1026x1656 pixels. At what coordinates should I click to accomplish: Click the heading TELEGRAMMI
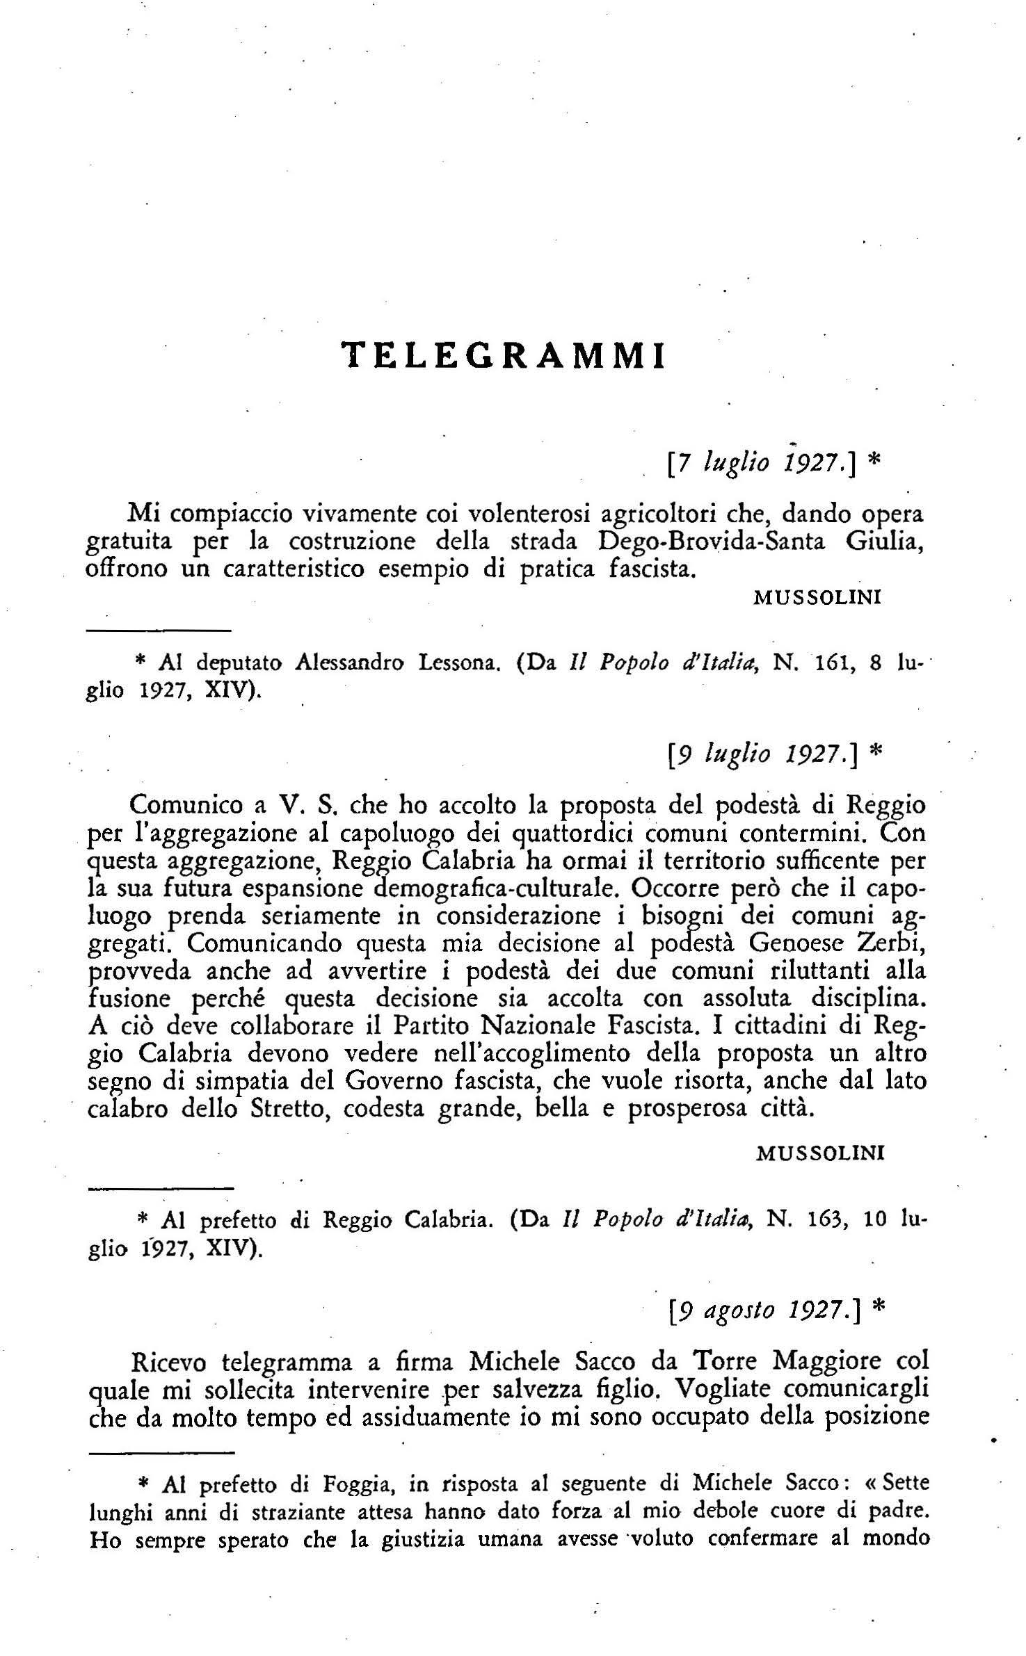(506, 355)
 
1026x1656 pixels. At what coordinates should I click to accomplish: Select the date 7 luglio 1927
(761, 460)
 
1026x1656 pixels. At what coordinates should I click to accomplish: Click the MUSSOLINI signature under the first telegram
(818, 598)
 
